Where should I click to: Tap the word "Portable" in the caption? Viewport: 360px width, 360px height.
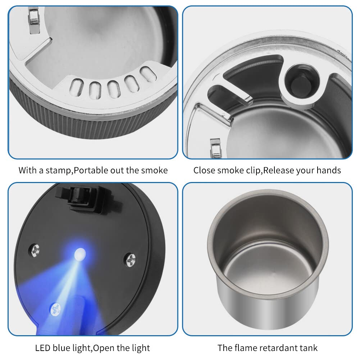(x=90, y=170)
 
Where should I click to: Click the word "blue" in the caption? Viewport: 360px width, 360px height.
(x=64, y=348)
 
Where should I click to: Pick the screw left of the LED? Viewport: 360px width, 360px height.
(x=35, y=250)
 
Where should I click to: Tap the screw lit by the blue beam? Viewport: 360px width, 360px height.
(x=56, y=308)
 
